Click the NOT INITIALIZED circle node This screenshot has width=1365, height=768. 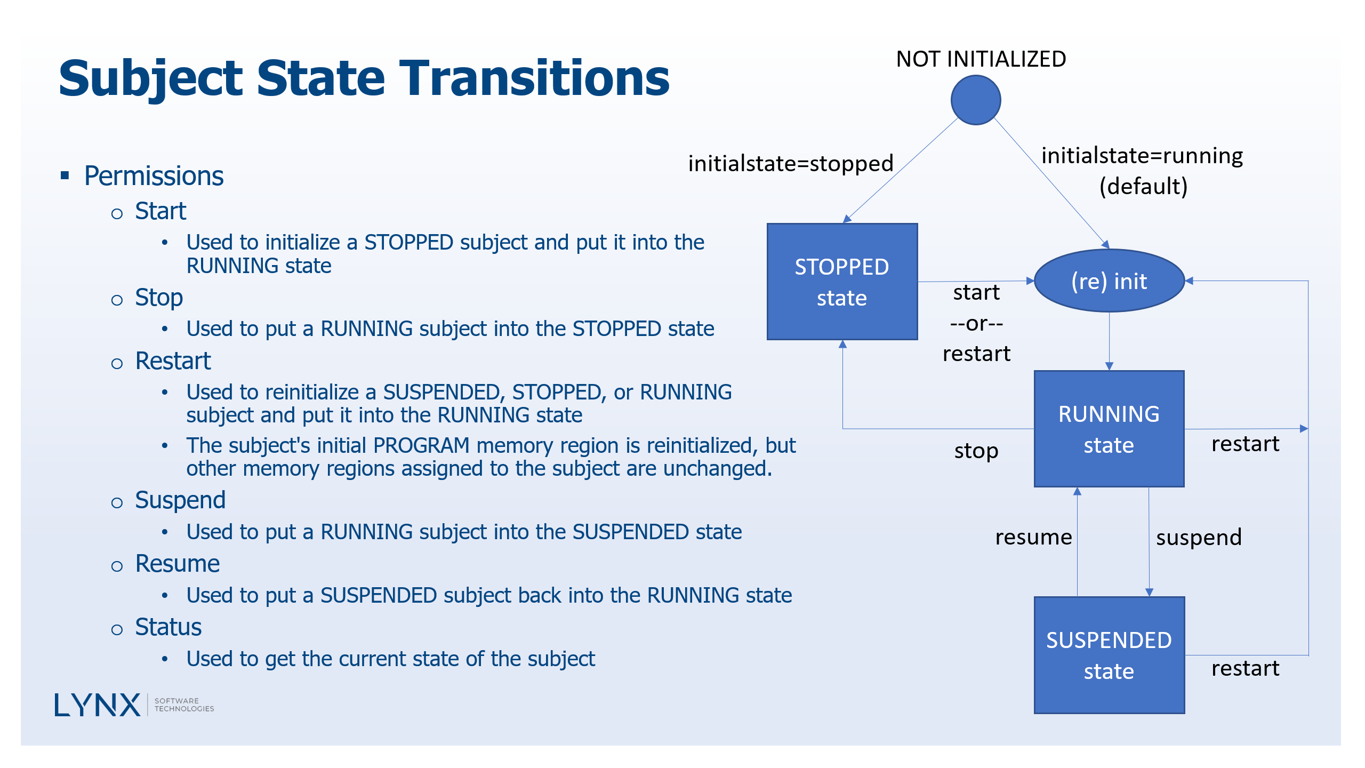pyautogui.click(x=975, y=100)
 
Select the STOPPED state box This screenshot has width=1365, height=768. pyautogui.click(x=842, y=282)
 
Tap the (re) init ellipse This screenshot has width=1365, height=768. pyautogui.click(x=1109, y=281)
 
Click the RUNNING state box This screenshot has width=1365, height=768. pyautogui.click(x=1109, y=429)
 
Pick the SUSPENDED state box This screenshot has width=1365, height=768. pyautogui.click(x=1109, y=655)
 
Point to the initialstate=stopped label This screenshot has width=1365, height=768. pyautogui.click(x=790, y=164)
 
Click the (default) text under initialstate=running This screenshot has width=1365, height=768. pyautogui.click(x=1143, y=186)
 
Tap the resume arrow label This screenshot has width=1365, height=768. pyautogui.click(x=1033, y=537)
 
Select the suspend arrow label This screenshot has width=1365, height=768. pyautogui.click(x=1199, y=537)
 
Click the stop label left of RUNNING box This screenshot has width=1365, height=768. pyautogui.click(x=976, y=451)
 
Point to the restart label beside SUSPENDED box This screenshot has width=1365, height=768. pyautogui.click(x=1245, y=668)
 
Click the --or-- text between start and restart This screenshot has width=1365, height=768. pyautogui.click(x=976, y=323)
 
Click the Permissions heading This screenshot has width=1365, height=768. pyautogui.click(x=154, y=176)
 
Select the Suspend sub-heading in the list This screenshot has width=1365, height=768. pyautogui.click(x=180, y=500)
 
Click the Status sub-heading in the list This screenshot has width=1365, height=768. pyautogui.click(x=168, y=627)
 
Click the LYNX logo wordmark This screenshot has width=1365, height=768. pyautogui.click(x=98, y=705)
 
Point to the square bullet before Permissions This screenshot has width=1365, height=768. pyautogui.click(x=65, y=175)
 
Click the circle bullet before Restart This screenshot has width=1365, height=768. pyautogui.click(x=117, y=364)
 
